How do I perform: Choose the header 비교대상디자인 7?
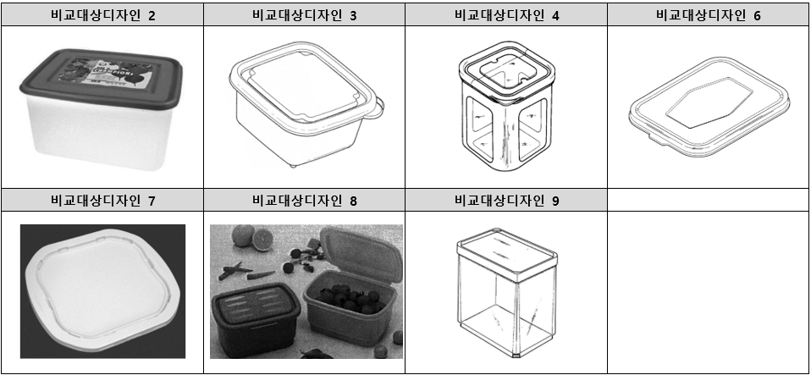102,201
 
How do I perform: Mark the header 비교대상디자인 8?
304,201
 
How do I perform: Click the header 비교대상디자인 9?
506,201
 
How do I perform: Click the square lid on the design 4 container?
503,69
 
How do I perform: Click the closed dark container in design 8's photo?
254,313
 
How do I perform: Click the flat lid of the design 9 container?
505,251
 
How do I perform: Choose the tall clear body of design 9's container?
505,309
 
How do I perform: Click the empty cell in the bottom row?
709,292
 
